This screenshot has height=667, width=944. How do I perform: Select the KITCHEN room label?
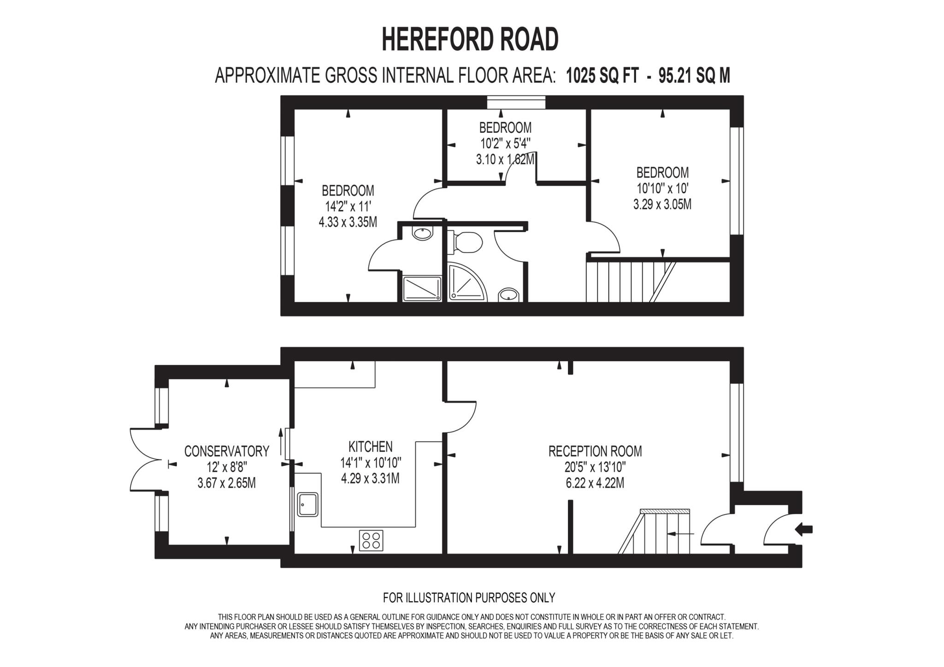point(370,447)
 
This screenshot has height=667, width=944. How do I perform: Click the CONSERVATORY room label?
point(226,451)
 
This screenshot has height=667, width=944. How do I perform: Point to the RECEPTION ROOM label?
point(595,451)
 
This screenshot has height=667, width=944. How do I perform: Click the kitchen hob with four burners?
point(371,541)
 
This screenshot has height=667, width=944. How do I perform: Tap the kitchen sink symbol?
point(307,504)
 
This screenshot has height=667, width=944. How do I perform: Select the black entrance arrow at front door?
point(804,530)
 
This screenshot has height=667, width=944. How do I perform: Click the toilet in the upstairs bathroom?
point(466,242)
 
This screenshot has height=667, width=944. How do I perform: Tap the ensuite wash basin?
point(423,233)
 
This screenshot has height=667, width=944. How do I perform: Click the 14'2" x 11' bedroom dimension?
point(348,206)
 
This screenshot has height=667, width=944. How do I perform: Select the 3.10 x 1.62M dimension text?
point(505,160)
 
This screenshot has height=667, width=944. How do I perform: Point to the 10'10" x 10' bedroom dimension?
point(662,188)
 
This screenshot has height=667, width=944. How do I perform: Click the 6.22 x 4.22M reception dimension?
point(595,483)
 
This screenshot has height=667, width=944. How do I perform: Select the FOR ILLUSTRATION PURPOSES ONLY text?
point(469,598)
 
